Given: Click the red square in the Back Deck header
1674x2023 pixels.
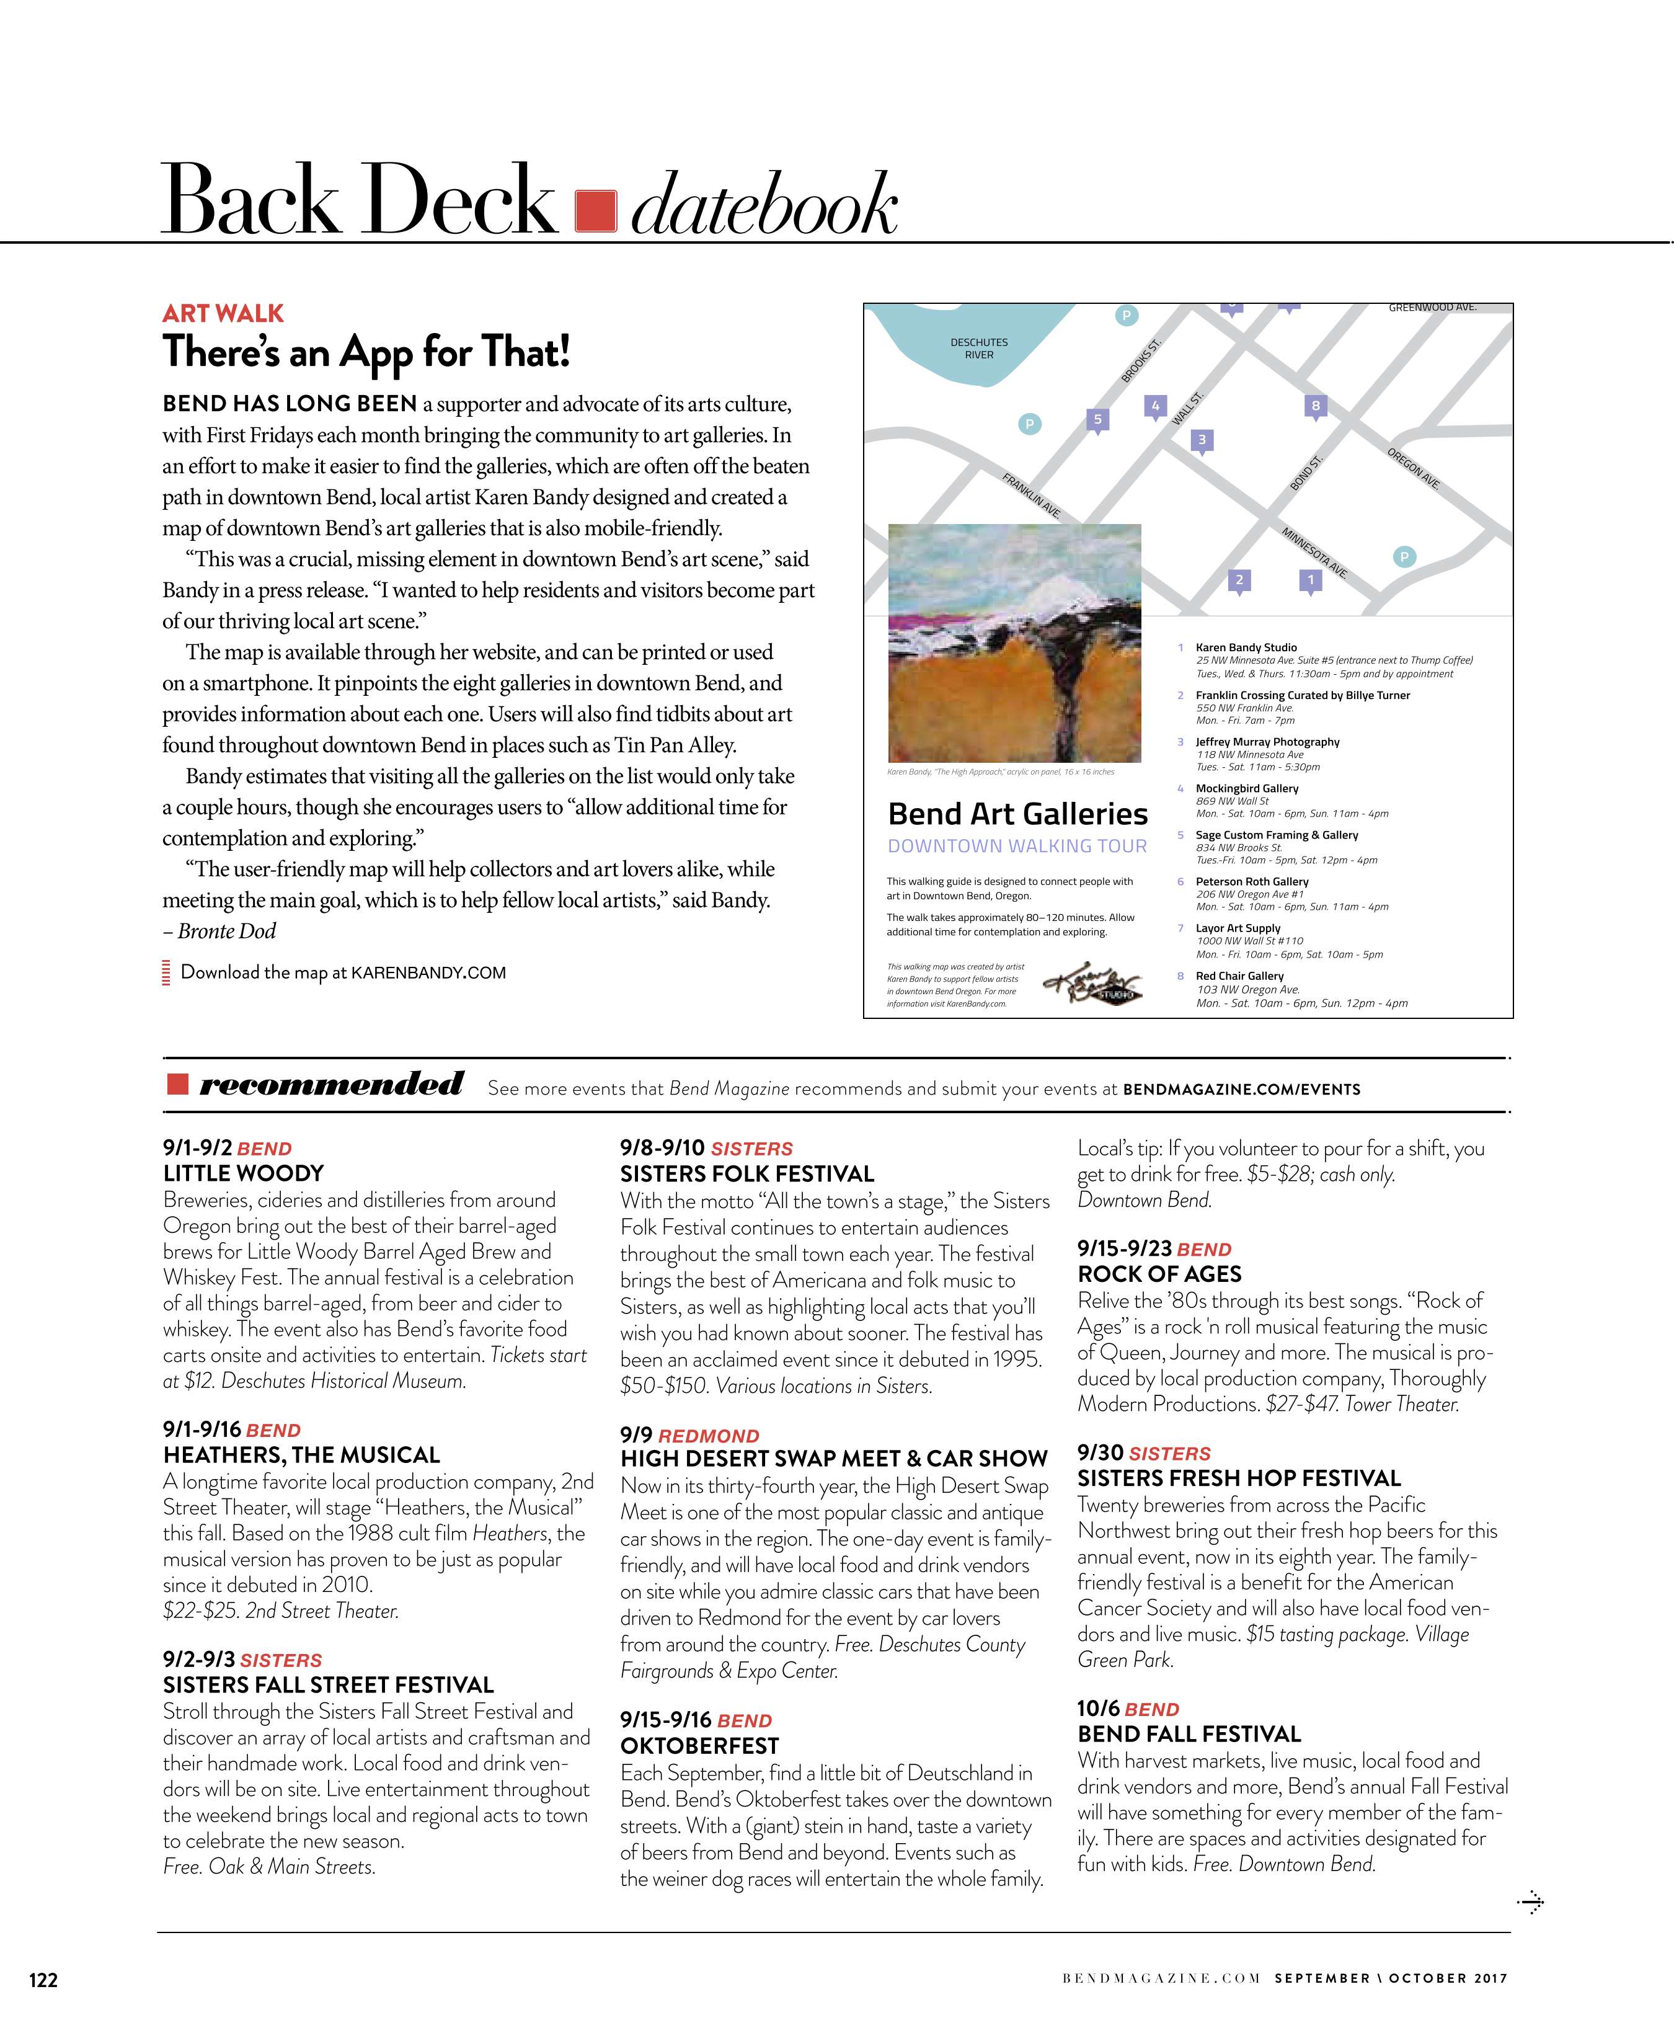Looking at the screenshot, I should [x=595, y=211].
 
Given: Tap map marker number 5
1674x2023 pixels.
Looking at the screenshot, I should [x=1096, y=419].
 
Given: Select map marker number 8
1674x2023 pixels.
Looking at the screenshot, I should [x=1316, y=406].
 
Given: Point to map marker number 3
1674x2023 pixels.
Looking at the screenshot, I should [x=1201, y=440].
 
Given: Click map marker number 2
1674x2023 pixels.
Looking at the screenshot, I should [x=1239, y=580].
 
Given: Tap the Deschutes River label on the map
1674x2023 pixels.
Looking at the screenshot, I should [x=978, y=348].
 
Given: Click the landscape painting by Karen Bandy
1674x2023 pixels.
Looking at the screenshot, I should [x=1014, y=642].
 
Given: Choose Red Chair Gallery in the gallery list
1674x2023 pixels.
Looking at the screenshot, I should [x=1239, y=976].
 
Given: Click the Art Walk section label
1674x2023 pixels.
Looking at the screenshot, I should [x=223, y=313].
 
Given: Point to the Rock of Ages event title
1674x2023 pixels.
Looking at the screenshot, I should [x=1159, y=1274].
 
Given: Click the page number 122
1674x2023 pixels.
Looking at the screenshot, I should [x=43, y=1980].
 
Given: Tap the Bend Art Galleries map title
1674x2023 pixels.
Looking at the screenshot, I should [x=1017, y=814].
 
